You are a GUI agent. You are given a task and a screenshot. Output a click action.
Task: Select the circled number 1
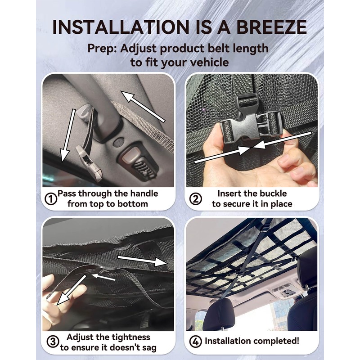tap(51, 198)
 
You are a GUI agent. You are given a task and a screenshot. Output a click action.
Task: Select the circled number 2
tap(195, 198)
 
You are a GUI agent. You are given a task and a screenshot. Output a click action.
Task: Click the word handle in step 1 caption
tap(142, 193)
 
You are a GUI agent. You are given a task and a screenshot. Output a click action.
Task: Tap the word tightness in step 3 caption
tap(130, 337)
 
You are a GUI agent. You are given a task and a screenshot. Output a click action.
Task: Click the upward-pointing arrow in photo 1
tap(144, 105)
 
